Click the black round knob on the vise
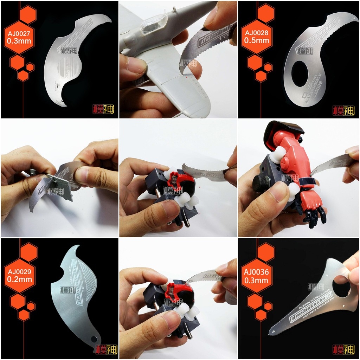coord(261,182)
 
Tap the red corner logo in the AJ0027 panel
coord(104,110)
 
